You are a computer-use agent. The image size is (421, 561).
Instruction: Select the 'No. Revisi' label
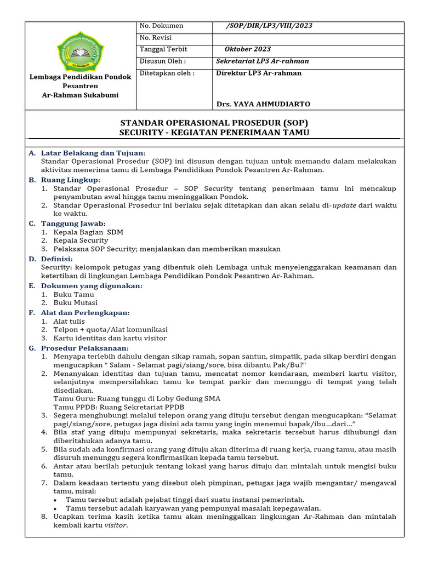click(156, 38)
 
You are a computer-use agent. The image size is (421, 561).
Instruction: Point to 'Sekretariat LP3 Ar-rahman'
click(263, 61)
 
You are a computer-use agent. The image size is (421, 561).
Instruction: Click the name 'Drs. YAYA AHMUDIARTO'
click(263, 104)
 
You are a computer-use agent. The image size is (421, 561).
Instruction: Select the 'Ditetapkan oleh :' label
click(167, 73)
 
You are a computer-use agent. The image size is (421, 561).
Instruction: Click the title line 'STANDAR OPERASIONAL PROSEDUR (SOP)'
click(214, 123)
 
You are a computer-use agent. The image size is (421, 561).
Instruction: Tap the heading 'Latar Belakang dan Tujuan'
click(93, 153)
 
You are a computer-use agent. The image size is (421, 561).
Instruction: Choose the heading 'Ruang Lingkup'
click(71, 180)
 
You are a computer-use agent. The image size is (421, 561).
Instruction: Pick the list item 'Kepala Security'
click(81, 241)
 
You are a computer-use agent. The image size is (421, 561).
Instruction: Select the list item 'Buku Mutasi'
click(75, 302)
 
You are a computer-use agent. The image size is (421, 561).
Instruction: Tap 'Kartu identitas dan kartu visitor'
click(110, 338)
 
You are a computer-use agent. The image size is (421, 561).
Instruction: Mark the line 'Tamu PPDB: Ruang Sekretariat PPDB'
click(118, 407)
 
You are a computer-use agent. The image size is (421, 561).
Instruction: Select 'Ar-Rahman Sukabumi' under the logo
click(80, 95)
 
